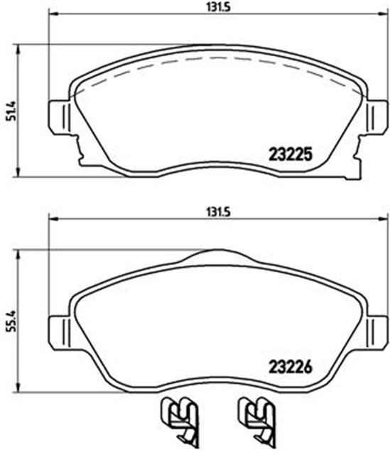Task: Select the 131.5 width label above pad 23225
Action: [x=216, y=7]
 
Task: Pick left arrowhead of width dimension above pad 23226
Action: [x=51, y=218]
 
